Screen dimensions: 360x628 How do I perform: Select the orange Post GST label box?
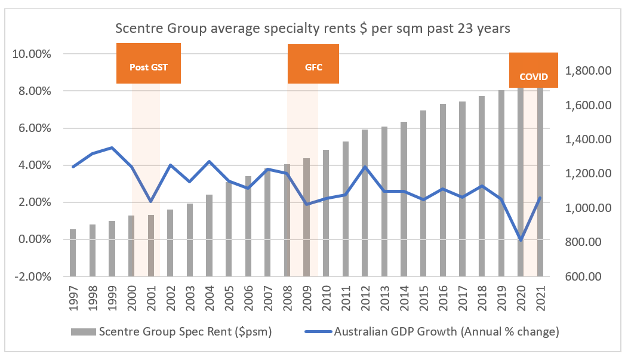pyautogui.click(x=149, y=64)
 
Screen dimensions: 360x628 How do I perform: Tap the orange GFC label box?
pyautogui.click(x=313, y=64)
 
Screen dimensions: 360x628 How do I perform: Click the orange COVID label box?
pyautogui.click(x=533, y=70)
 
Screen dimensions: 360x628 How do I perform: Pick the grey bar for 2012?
pyautogui.click(x=365, y=202)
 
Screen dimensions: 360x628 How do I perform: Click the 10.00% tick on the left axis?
pyautogui.click(x=32, y=54)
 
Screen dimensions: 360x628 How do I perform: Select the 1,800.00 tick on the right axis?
pyautogui.click(x=588, y=71)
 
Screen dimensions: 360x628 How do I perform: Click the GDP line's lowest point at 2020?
pyautogui.click(x=521, y=240)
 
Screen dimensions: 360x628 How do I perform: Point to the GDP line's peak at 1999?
pyautogui.click(x=112, y=147)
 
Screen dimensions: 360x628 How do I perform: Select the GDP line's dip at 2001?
pyautogui.click(x=151, y=201)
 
